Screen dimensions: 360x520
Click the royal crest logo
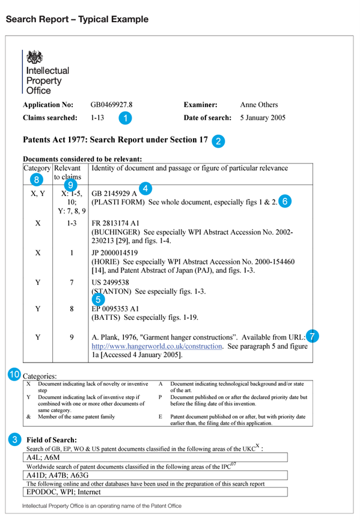[34, 57]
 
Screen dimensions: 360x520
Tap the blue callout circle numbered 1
[125, 118]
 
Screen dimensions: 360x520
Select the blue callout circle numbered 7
[313, 336]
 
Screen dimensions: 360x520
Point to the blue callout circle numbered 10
[14, 375]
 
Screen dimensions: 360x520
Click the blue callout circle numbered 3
[14, 439]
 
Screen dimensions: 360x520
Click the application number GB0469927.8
[111, 105]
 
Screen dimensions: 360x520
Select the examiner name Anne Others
[259, 105]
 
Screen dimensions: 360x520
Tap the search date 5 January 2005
[263, 118]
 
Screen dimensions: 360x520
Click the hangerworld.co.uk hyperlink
[157, 346]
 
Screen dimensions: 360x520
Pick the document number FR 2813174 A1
[115, 223]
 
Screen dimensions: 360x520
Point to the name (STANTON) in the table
[111, 292]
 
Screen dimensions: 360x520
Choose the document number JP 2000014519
[115, 252]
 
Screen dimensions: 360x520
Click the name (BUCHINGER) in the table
[115, 232]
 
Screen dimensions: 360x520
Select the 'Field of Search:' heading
[52, 439]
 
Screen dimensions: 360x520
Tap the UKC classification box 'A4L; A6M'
[155, 457]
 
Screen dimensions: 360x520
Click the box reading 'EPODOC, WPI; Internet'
[155, 492]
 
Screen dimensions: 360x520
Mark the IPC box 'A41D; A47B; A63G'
[155, 476]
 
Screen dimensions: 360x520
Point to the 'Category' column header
[37, 168]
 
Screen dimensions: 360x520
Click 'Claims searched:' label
[50, 118]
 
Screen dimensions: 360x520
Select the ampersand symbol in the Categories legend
[28, 417]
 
